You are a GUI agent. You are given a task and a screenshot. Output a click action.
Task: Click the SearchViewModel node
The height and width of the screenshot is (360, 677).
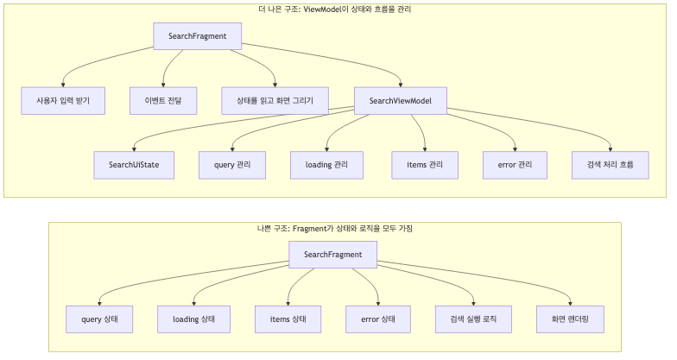click(x=400, y=101)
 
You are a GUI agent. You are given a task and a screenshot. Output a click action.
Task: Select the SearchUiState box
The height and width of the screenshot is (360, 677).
click(x=134, y=165)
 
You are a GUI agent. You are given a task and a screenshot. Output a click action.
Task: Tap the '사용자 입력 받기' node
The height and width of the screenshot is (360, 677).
click(x=63, y=101)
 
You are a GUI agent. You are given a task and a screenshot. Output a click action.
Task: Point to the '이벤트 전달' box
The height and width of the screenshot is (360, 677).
click(x=163, y=101)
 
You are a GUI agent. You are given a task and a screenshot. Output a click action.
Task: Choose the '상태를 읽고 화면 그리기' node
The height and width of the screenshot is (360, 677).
click(x=275, y=101)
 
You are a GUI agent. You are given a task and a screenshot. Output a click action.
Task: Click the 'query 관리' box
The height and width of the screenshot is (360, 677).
click(x=225, y=165)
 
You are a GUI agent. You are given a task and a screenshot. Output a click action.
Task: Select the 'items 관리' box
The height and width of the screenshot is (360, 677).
click(x=424, y=165)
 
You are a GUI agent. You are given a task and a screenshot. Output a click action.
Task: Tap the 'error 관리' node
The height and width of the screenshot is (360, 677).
click(x=516, y=165)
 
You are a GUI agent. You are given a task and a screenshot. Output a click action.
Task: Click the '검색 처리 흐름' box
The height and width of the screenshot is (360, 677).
click(x=611, y=165)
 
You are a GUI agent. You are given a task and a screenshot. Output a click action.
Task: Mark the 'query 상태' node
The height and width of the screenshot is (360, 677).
click(x=99, y=319)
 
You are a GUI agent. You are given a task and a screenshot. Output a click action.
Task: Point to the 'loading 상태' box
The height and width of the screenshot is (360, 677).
click(x=194, y=319)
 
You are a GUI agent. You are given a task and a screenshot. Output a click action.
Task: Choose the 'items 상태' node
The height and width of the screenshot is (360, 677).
click(x=288, y=319)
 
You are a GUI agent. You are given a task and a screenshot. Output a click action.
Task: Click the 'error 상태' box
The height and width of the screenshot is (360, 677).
click(x=377, y=319)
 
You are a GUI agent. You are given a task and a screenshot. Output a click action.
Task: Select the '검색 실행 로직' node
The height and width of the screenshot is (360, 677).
click(x=473, y=319)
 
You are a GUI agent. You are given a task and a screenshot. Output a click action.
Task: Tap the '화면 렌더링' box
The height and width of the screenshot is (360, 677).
click(x=570, y=319)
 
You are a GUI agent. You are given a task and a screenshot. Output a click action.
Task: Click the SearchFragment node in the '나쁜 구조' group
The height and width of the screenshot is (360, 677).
click(x=332, y=255)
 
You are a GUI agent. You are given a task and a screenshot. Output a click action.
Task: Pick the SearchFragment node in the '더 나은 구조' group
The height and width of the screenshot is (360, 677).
click(x=197, y=35)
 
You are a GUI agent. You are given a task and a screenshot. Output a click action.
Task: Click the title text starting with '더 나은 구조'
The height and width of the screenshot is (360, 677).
click(x=334, y=9)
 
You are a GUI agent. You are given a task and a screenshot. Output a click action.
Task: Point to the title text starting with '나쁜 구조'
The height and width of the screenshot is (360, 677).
click(x=334, y=229)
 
